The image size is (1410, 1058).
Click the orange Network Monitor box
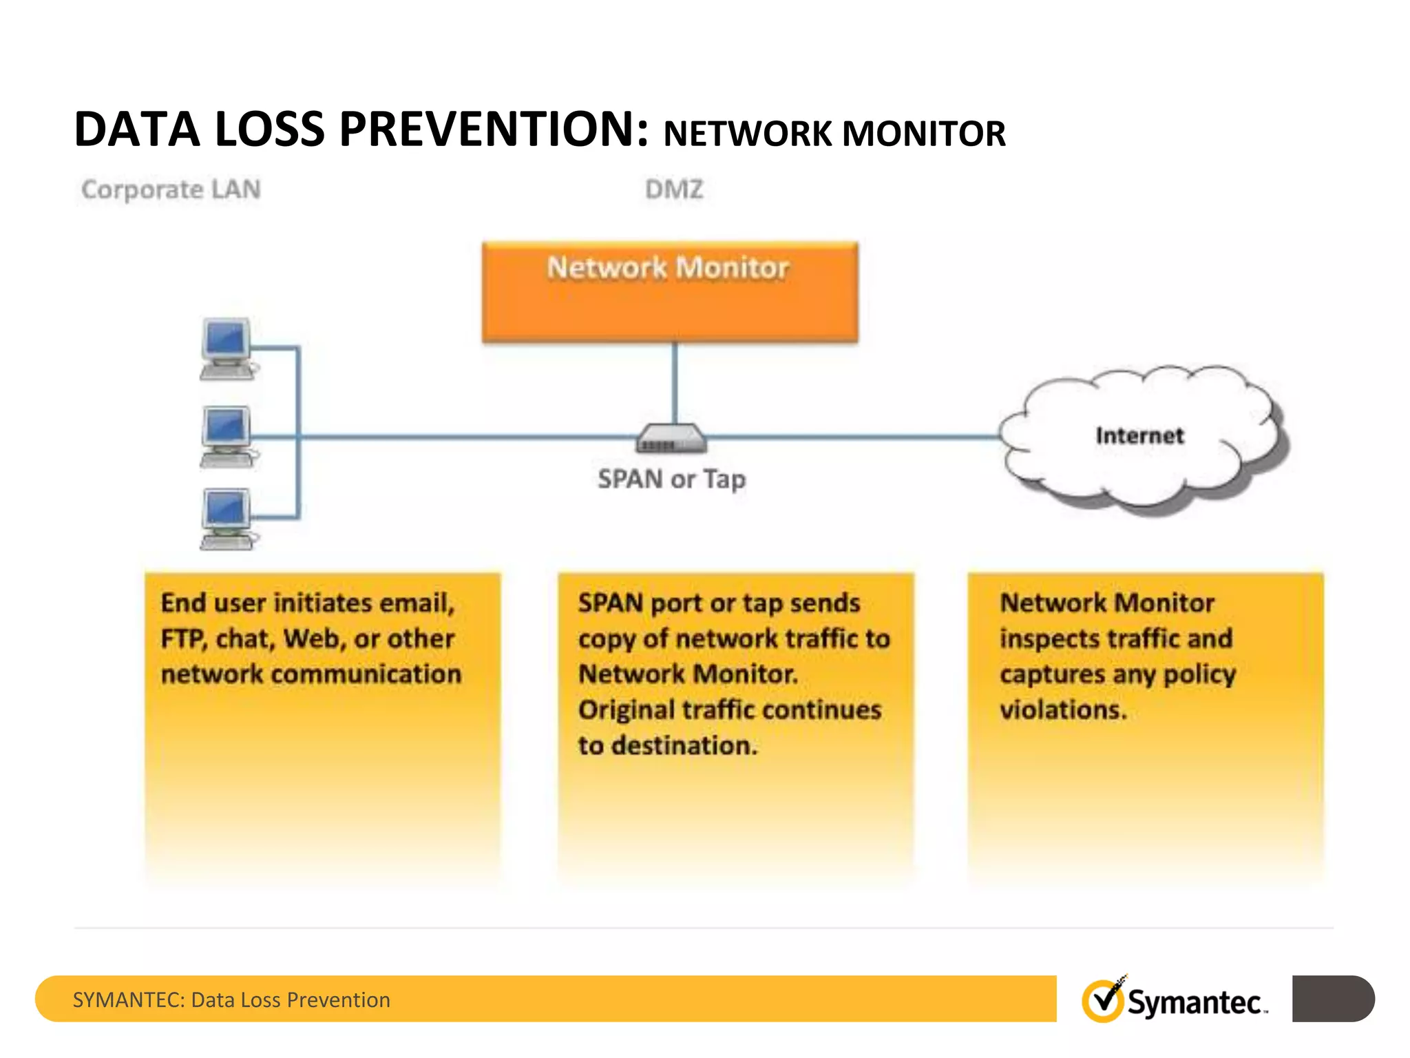point(670,293)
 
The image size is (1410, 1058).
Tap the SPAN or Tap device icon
point(671,438)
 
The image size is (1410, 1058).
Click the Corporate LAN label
point(171,189)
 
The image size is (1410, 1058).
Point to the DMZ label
point(674,189)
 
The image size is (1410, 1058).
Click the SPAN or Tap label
point(671,479)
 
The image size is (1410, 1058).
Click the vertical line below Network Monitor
point(675,382)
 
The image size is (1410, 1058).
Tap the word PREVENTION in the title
point(494,129)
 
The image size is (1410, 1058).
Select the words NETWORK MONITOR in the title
point(834,134)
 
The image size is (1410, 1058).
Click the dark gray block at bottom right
point(1332,999)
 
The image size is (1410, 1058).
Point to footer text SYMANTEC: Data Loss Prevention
point(231,999)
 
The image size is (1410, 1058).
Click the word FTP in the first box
point(183,639)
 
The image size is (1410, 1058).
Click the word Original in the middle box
point(626,710)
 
